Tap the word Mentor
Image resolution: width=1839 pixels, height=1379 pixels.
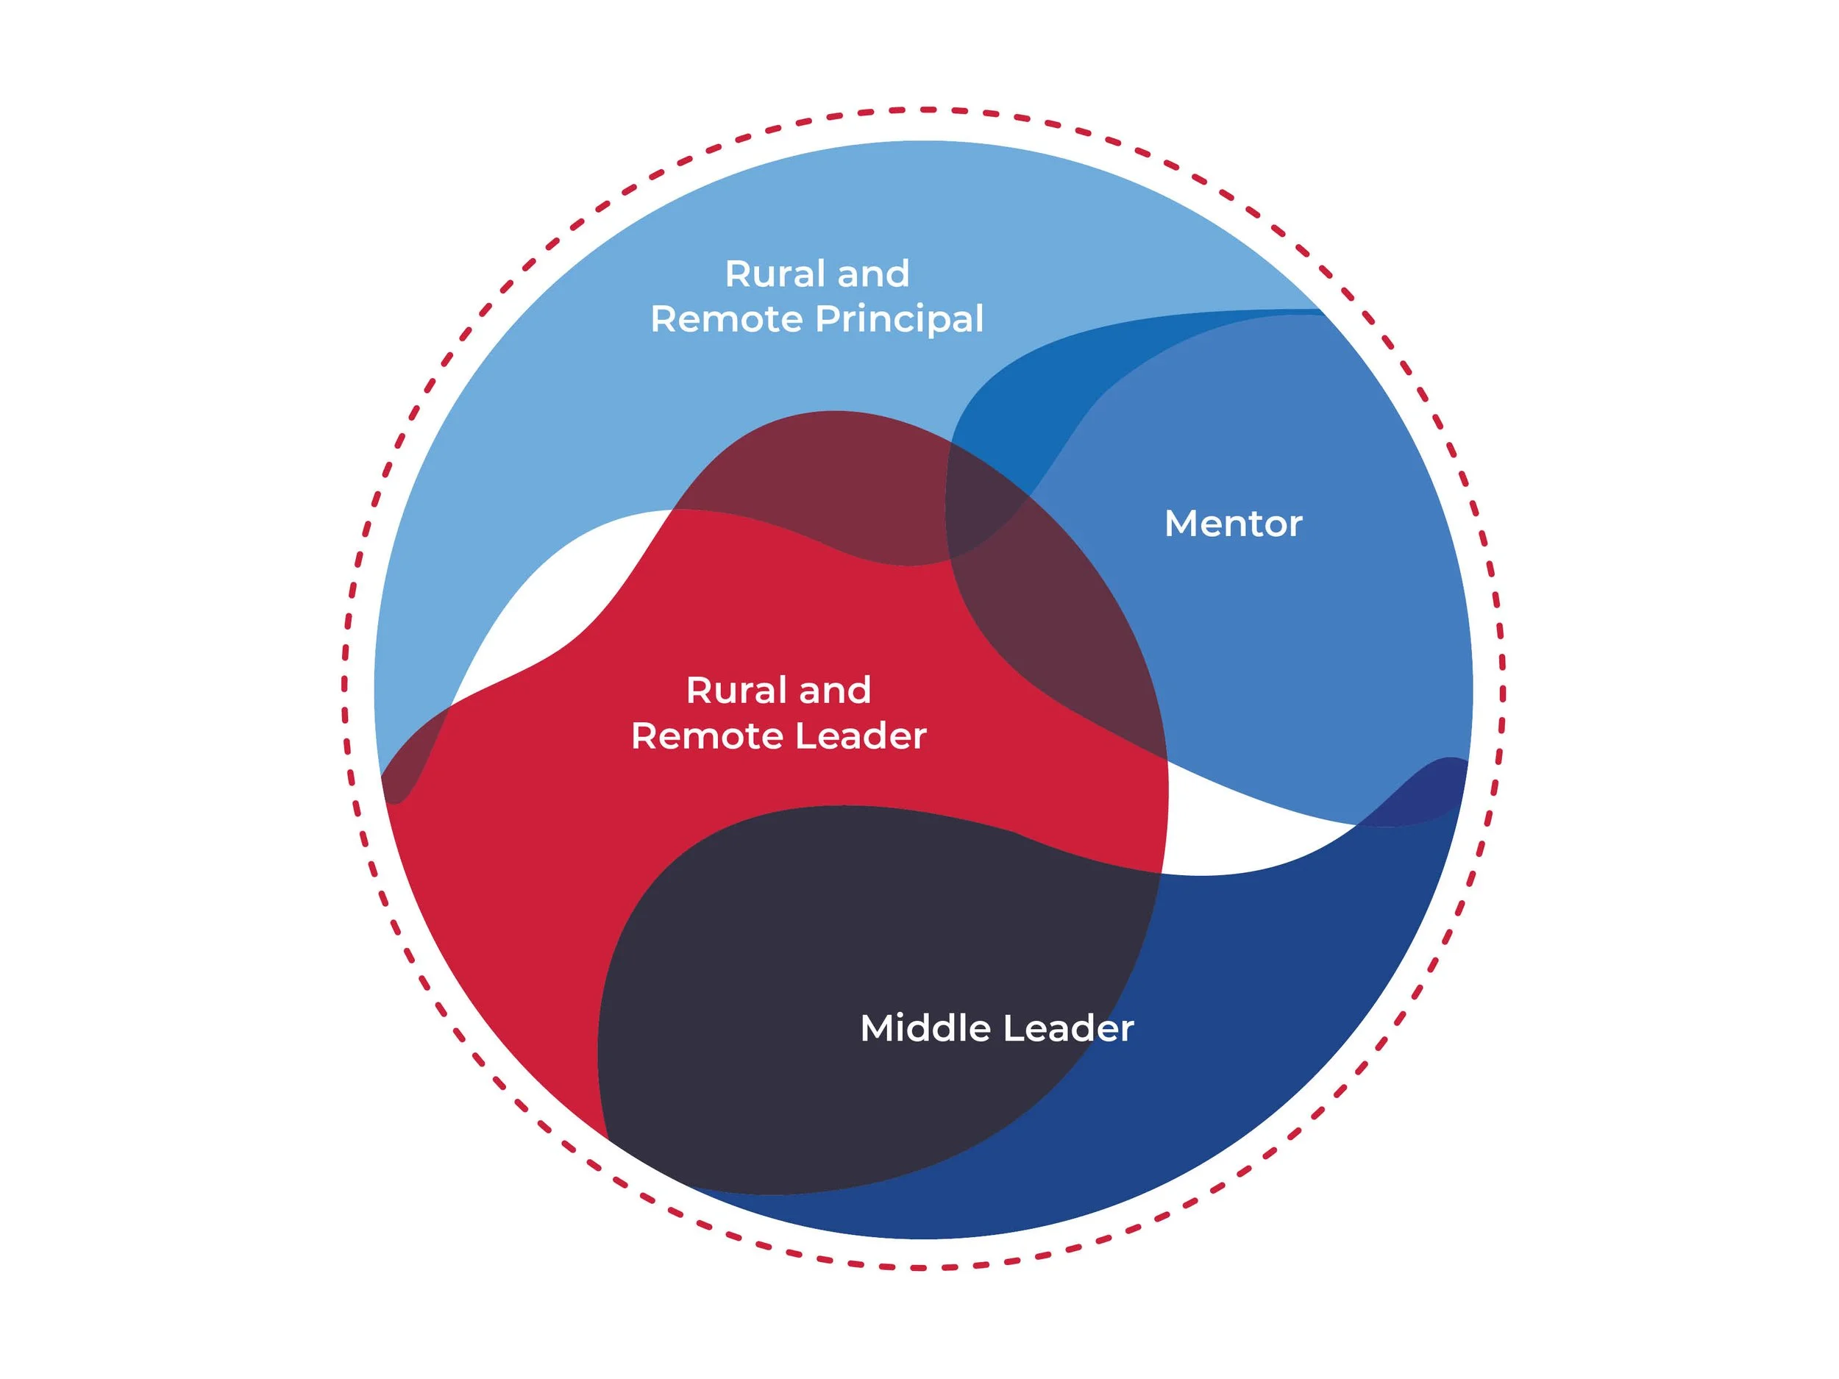(x=1233, y=524)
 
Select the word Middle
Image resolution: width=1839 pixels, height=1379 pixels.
(x=925, y=1028)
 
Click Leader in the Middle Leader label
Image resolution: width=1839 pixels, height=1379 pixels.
(x=1068, y=1028)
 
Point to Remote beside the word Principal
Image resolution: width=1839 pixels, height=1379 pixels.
(x=726, y=320)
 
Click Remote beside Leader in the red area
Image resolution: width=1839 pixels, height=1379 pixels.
(x=707, y=736)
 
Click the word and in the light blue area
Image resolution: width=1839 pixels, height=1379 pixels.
(x=873, y=274)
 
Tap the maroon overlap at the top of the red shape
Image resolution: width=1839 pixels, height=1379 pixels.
(x=831, y=482)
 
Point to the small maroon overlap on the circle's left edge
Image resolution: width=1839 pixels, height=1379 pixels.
(x=408, y=765)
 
